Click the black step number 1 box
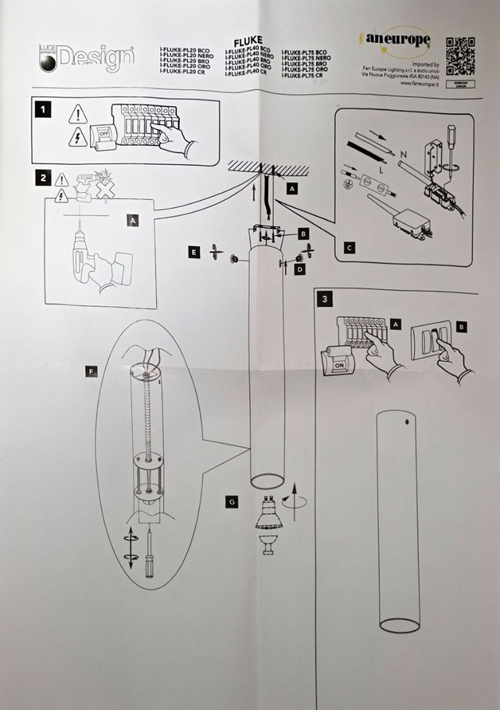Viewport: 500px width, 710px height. (x=45, y=111)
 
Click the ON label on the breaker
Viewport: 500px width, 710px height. (x=339, y=362)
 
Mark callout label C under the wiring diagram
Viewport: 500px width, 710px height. (x=348, y=249)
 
